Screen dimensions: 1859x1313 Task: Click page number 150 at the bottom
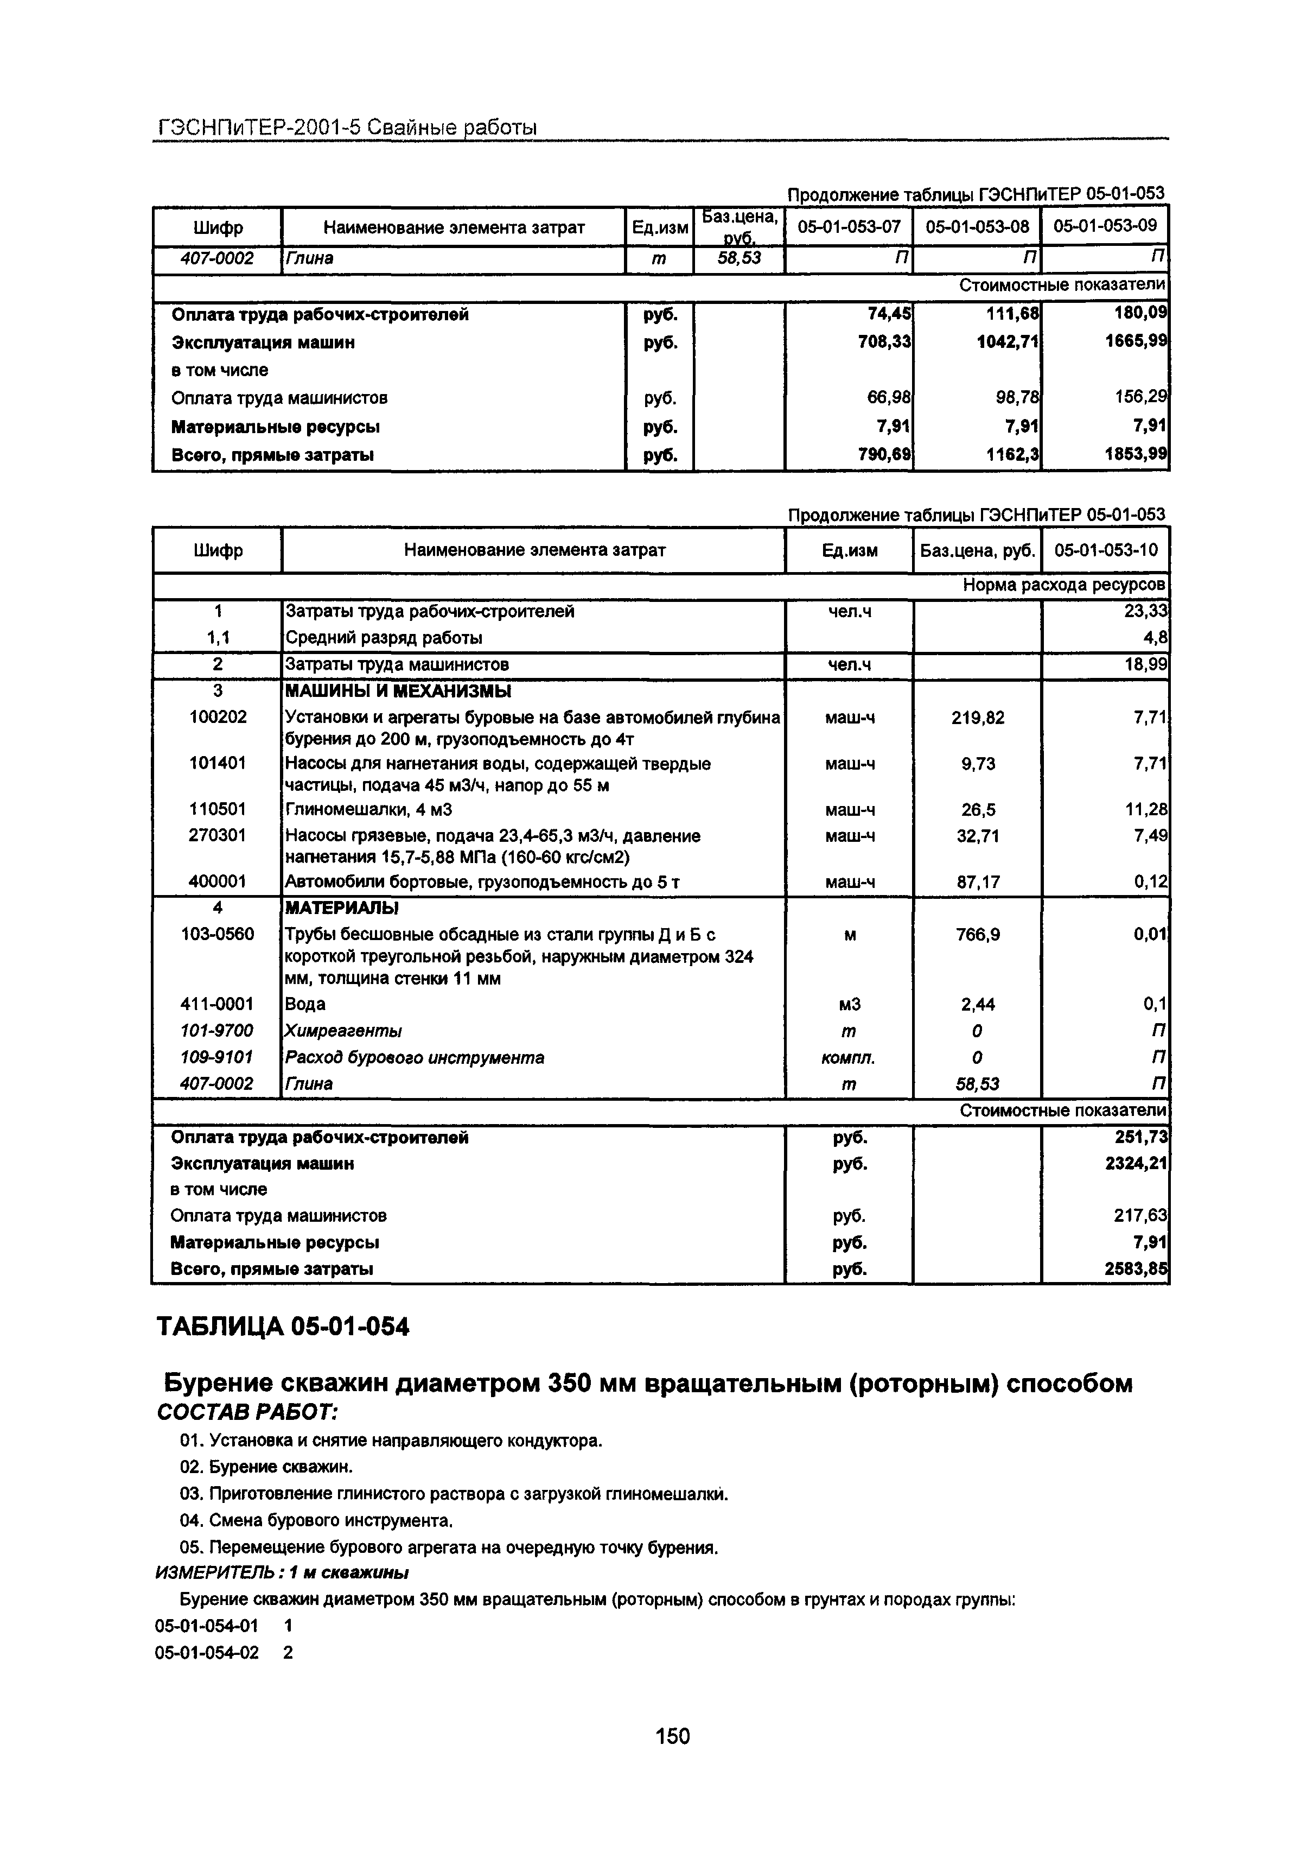[672, 1736]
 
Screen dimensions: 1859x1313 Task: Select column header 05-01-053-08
[977, 227]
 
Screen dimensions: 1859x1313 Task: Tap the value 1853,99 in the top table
[1137, 454]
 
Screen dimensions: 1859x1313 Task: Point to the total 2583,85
[1137, 1269]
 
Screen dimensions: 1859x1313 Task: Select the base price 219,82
[978, 718]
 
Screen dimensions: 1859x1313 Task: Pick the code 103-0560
[217, 934]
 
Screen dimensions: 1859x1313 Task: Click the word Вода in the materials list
[305, 1004]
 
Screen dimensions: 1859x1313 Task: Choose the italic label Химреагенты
[343, 1031]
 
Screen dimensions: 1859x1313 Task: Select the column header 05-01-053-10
[1105, 550]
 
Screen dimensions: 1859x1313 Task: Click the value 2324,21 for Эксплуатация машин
[1137, 1164]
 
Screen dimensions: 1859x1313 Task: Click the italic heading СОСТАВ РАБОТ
[246, 1412]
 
